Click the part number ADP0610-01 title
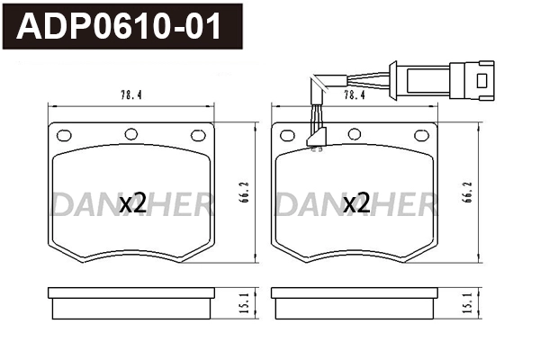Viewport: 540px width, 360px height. click(121, 28)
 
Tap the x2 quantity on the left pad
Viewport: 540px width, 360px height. click(132, 203)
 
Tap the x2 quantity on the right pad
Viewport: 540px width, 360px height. click(356, 203)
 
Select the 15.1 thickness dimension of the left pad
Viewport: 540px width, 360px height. click(244, 303)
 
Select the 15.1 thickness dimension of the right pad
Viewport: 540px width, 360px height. click(467, 303)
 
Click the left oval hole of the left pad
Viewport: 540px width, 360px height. click(64, 136)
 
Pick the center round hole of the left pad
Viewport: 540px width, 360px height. click(131, 134)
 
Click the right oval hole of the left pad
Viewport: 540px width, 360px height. click(198, 136)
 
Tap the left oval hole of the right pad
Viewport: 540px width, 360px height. click(287, 136)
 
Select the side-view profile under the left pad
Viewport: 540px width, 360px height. click(131, 302)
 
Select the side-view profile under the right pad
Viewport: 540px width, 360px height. click(355, 302)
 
